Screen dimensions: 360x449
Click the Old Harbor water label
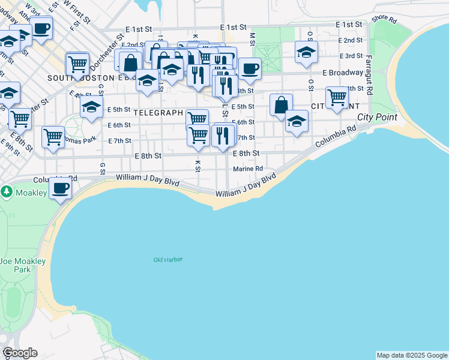click(167, 260)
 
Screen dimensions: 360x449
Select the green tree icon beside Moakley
click(7, 192)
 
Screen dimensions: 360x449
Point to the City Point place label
click(377, 117)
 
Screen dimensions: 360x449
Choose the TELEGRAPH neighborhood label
click(158, 112)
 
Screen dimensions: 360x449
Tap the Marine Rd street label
click(248, 169)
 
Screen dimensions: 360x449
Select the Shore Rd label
click(384, 19)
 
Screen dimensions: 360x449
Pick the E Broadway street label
click(343, 73)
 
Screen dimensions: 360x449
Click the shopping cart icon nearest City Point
click(337, 97)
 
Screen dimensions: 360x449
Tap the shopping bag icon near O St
click(281, 104)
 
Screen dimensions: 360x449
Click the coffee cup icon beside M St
click(250, 68)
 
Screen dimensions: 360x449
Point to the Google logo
click(20, 353)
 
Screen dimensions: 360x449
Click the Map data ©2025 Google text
click(412, 355)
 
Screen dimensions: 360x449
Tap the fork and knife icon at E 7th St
click(223, 136)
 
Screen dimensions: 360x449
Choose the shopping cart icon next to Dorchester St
click(77, 63)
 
